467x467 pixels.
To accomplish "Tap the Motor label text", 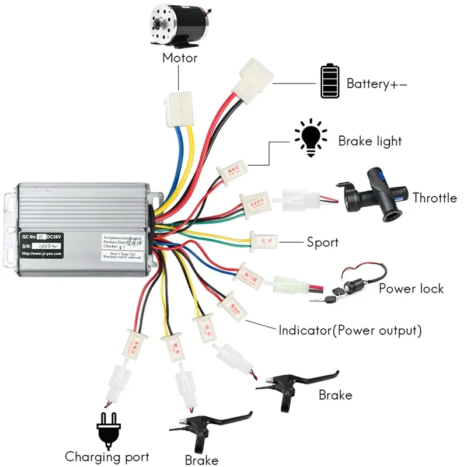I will pyautogui.click(x=179, y=58).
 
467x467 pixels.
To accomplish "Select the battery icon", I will pyautogui.click(x=329, y=82).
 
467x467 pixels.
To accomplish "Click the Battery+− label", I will pyautogui.click(x=377, y=83).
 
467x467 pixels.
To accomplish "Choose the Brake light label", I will pyautogui.click(x=370, y=141).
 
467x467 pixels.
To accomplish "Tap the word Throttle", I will pyautogui.click(x=434, y=198).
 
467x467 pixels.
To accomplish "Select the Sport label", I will pyautogui.click(x=322, y=242).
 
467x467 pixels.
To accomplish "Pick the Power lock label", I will pyautogui.click(x=411, y=288).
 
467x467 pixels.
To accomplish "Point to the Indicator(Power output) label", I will pyautogui.click(x=350, y=330).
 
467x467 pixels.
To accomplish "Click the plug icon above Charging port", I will pyautogui.click(x=110, y=430).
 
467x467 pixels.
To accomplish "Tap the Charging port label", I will pyautogui.click(x=107, y=457).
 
